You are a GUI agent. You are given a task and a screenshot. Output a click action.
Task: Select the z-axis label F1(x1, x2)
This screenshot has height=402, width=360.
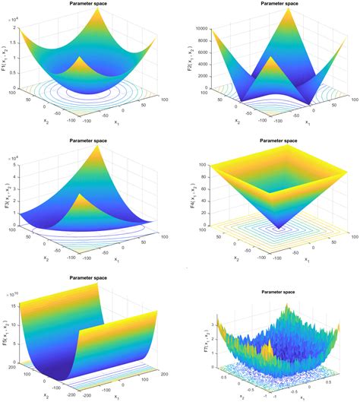pyautogui.click(x=6, y=53)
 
